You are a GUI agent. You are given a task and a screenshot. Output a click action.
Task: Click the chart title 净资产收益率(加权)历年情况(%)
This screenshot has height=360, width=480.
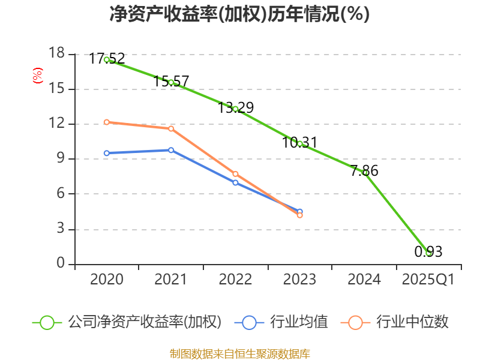tap(239, 14)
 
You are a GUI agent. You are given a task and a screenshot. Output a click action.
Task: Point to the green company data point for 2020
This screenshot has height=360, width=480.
tap(106, 59)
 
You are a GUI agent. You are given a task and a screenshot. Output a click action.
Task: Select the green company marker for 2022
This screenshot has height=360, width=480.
tap(235, 109)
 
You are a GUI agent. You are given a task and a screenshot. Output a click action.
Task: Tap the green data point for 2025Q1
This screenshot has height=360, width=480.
tap(428, 253)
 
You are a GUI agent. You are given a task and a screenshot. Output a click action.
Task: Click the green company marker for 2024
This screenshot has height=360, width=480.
tap(364, 173)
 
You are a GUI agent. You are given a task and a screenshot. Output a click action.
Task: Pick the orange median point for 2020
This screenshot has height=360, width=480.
tap(106, 122)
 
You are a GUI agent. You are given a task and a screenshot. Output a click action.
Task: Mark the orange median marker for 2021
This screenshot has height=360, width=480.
tap(171, 128)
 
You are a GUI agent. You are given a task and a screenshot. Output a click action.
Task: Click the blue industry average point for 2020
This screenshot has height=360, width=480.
tap(106, 153)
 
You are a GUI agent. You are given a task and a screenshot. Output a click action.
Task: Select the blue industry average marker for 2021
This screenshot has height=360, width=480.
tap(171, 150)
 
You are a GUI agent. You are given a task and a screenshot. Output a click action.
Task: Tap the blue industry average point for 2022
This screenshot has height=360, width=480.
tap(235, 182)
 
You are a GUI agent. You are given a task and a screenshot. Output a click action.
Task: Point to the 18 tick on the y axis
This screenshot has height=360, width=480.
tap(57, 54)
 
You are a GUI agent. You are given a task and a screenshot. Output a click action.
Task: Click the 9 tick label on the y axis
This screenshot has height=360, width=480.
tap(61, 159)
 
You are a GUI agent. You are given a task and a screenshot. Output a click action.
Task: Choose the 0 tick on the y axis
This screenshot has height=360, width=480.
tap(61, 264)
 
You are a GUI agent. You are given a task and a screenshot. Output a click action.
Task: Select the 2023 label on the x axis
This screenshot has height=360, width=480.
tap(299, 280)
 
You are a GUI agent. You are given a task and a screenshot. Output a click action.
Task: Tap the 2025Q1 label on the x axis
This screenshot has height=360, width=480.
tap(428, 280)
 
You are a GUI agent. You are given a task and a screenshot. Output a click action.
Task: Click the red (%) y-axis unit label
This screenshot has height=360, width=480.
tap(38, 76)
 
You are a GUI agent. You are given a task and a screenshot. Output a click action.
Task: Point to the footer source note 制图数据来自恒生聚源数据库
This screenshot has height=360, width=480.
tap(239, 353)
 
